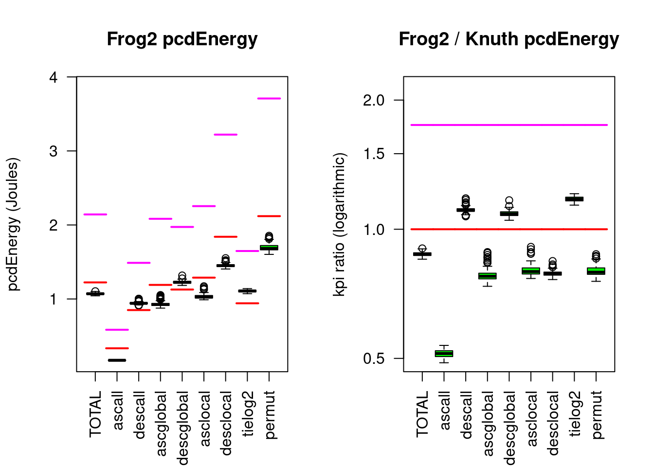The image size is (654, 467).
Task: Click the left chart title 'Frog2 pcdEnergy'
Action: coord(182,39)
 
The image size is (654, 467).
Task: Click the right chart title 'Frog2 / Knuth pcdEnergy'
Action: coord(509,39)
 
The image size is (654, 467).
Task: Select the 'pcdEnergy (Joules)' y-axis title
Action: coord(13,224)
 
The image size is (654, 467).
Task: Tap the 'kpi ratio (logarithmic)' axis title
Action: coord(339,224)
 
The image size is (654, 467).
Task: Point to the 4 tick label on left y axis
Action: coord(54,77)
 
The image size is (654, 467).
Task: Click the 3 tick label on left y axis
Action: coord(54,151)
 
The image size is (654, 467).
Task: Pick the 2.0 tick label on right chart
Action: coord(374,101)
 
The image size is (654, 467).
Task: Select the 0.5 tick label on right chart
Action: coord(374,359)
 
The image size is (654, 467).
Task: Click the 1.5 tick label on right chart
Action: coord(374,154)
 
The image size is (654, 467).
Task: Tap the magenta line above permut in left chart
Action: coord(269,98)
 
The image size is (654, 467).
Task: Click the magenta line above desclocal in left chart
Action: coord(225,135)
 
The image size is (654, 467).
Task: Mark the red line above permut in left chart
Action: coord(269,216)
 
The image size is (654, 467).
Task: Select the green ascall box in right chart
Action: coord(444,354)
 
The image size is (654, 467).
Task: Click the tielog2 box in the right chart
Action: coord(574,199)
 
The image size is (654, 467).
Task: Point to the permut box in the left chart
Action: coord(269,248)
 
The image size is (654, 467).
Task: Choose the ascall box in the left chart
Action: coord(117,360)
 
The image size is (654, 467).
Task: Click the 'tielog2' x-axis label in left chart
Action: coord(248,413)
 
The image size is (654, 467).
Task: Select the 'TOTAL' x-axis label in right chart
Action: coord(422,413)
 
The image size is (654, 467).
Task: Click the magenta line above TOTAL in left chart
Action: coord(95,215)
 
